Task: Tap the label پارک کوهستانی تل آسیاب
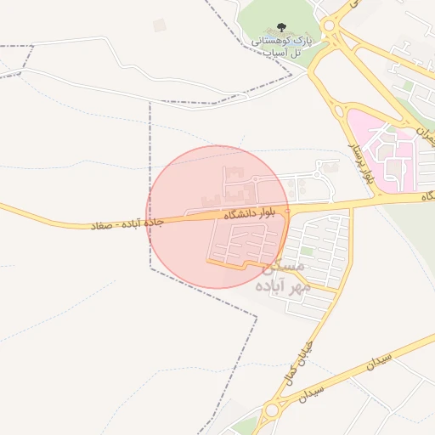pyautogui.click(x=281, y=46)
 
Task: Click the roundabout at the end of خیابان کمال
pyautogui.click(x=272, y=411)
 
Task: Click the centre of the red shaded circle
pyautogui.click(x=218, y=217)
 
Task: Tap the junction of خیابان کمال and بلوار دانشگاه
pyautogui.click(x=351, y=206)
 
